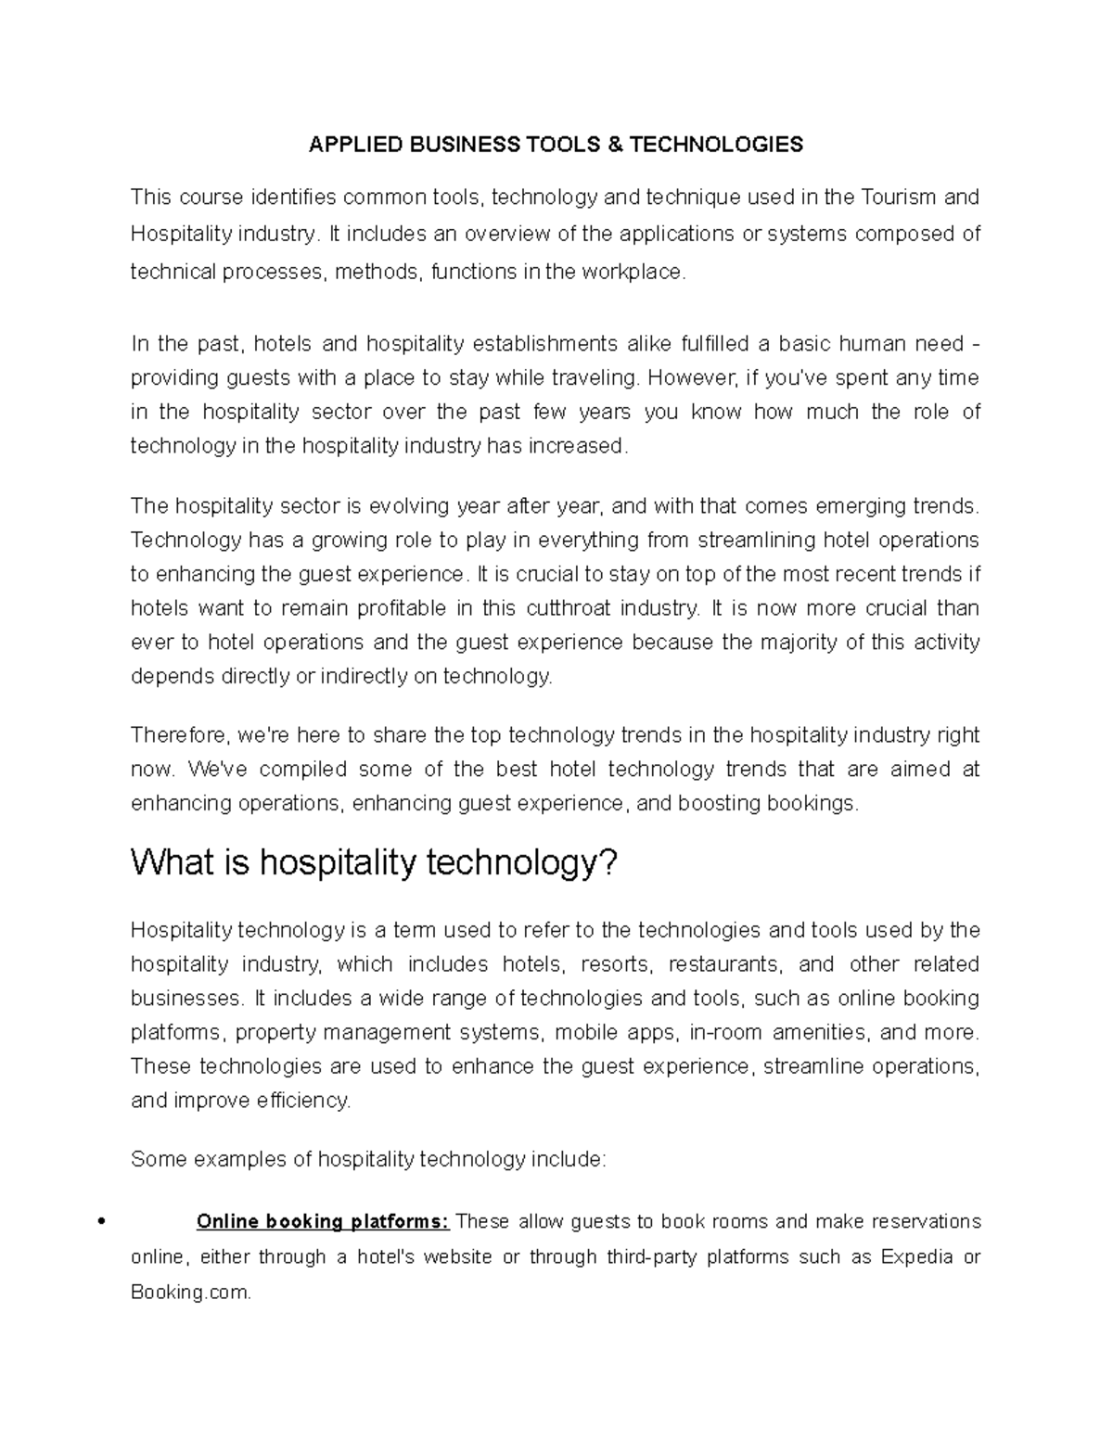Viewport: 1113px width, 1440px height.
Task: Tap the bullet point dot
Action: [99, 1221]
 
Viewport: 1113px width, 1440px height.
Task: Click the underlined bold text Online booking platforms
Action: [323, 1221]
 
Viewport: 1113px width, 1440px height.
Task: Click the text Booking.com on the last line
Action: [190, 1292]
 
